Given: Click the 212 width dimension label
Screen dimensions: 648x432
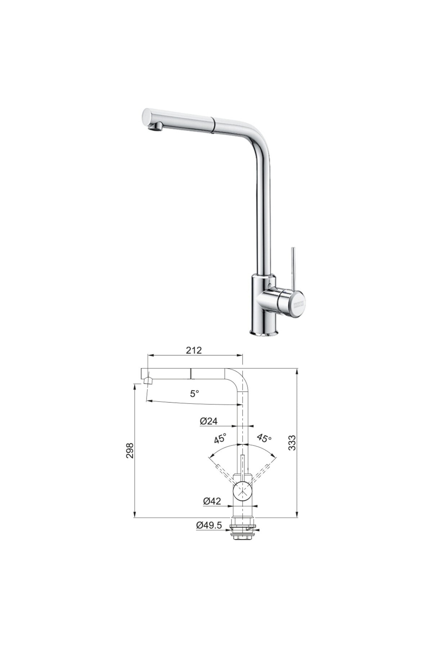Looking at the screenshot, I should [x=194, y=350].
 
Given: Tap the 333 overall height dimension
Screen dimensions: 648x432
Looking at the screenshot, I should [x=292, y=442].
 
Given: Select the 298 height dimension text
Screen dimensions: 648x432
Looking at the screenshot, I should [x=130, y=450].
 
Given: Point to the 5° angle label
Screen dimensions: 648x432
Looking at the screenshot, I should [x=194, y=394].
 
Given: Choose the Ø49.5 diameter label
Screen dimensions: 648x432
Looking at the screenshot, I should [x=209, y=525].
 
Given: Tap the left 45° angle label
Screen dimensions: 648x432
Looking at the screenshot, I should [x=220, y=438].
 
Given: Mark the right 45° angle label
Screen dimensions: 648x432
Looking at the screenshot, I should [x=264, y=438].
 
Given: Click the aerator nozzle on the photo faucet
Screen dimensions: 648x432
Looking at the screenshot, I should [x=156, y=127].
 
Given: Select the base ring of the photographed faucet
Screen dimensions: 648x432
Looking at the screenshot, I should [x=264, y=333].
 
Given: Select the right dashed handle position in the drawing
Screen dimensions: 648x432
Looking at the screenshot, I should [x=261, y=473].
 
